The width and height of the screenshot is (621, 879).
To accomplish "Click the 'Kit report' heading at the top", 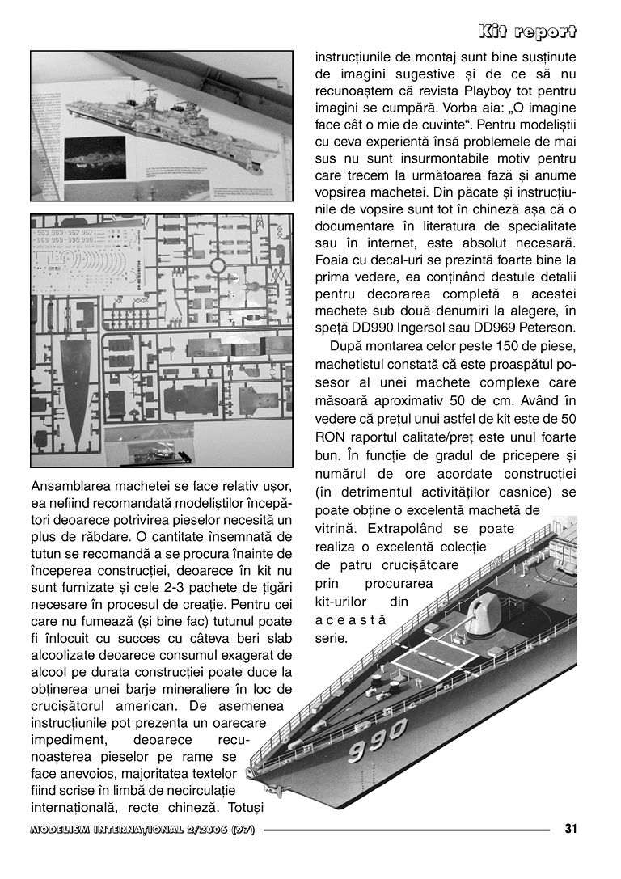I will (526, 32).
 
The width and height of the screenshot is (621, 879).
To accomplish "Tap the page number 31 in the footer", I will (570, 828).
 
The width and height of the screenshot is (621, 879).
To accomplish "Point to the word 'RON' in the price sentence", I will (332, 437).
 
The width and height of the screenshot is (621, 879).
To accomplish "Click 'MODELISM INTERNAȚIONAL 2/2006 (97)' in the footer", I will (142, 829).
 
